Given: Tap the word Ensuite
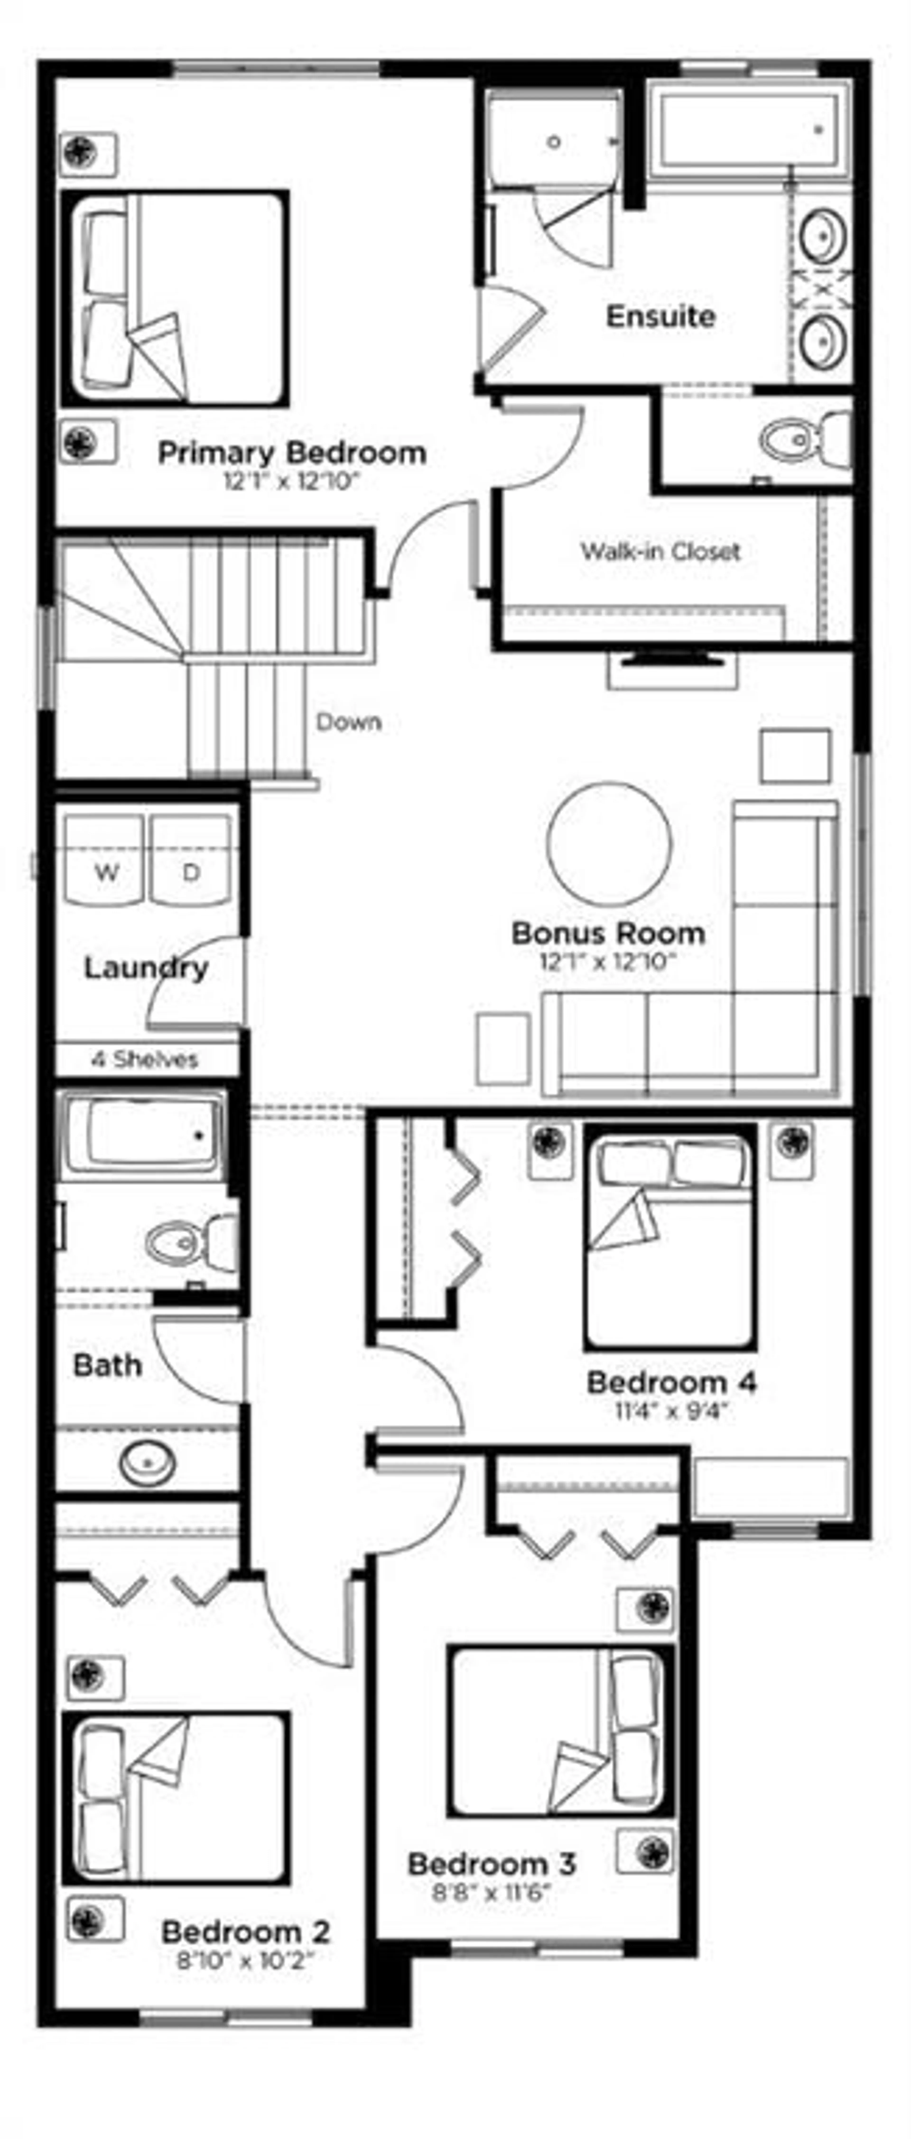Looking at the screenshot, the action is tap(660, 316).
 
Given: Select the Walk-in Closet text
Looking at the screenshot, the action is tap(660, 551).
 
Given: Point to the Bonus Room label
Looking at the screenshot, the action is tap(608, 933).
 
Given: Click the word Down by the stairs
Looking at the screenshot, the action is tap(349, 722).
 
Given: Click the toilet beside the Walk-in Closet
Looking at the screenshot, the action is tap(804, 439).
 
